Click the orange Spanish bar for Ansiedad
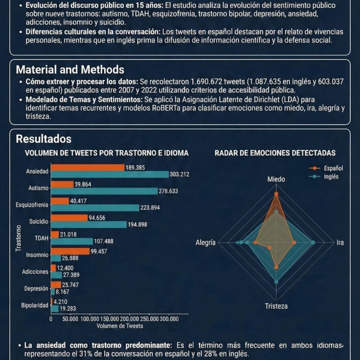coord(88,167)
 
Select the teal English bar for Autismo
coord(104,191)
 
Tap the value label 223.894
coord(150,208)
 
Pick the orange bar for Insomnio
coord(70,251)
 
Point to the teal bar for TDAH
coord(72,241)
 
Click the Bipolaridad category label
coord(35,306)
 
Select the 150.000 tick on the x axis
coord(110,319)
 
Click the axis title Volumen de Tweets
coord(119,326)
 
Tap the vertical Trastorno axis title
coord(18,238)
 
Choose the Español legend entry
coord(326,168)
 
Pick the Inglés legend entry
coord(324,177)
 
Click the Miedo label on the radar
coord(276,179)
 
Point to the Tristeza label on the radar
coord(276,306)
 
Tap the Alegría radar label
coord(206,243)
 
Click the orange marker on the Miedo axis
coord(276,194)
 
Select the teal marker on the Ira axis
coord(313,243)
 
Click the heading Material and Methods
coord(70,69)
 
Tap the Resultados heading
coord(43,139)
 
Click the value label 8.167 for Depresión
coord(63,292)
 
